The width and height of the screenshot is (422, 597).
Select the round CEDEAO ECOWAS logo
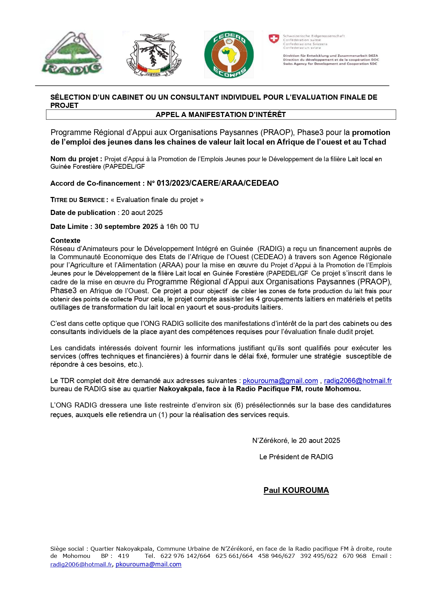(x=229, y=55)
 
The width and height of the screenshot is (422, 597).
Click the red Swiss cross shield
(x=274, y=39)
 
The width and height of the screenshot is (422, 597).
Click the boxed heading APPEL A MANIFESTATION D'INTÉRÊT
(x=221, y=115)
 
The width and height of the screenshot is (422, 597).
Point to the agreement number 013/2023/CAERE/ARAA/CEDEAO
(x=218, y=183)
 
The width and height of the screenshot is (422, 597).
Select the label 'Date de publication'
(x=83, y=213)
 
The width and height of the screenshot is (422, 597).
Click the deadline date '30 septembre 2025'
(x=126, y=227)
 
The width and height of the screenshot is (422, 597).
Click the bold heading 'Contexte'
(x=65, y=241)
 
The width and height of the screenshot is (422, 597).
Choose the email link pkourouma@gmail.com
(x=280, y=381)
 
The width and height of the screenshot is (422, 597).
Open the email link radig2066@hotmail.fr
(x=358, y=381)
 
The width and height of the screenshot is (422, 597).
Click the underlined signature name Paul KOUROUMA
(x=296, y=490)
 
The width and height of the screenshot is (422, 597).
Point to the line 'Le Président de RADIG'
(x=296, y=457)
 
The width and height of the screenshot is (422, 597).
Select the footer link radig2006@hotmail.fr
(x=81, y=564)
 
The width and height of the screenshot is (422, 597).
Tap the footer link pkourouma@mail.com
(x=148, y=564)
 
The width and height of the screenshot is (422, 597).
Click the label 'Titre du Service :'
(x=79, y=200)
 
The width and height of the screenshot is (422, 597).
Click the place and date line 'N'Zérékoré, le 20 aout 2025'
(x=296, y=441)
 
